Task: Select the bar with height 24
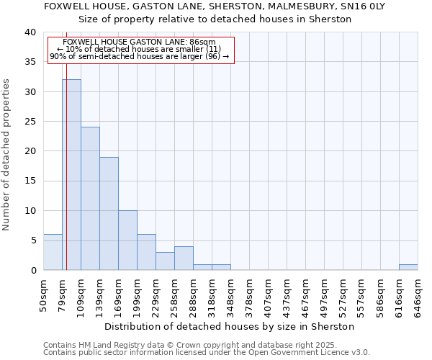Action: click(90, 199)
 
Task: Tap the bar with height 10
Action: click(127, 240)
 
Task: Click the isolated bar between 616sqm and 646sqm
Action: click(408, 267)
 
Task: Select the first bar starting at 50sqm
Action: click(53, 252)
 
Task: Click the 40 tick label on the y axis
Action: click(30, 32)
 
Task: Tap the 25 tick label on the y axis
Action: click(30, 122)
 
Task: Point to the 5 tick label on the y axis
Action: click(32, 240)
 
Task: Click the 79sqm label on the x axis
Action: click(63, 295)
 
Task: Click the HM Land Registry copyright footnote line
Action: click(205, 345)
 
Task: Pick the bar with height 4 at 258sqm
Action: click(184, 258)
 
